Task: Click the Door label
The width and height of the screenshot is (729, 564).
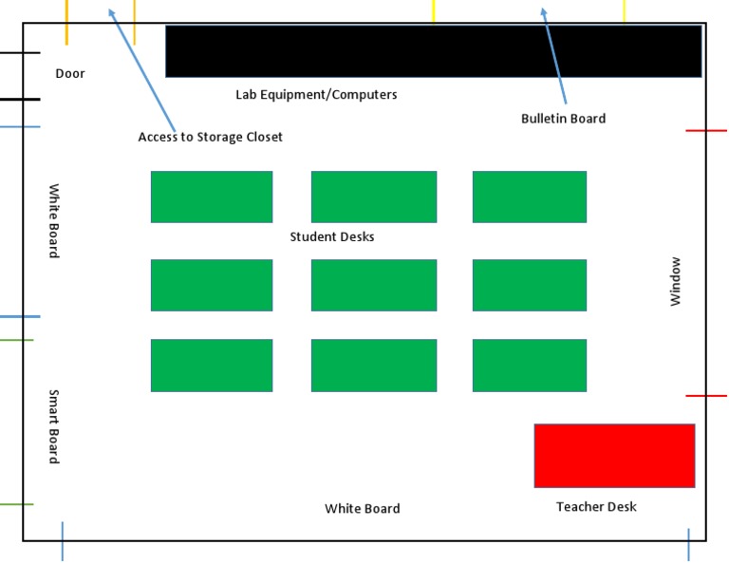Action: point(70,73)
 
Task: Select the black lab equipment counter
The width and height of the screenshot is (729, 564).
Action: point(433,51)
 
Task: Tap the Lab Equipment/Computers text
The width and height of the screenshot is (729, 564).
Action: point(316,95)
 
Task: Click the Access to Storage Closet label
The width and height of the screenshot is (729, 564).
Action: point(210,137)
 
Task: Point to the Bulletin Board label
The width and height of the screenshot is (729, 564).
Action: point(563,119)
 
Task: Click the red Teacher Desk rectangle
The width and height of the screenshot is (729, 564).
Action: point(614,456)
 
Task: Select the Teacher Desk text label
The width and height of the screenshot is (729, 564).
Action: point(596,507)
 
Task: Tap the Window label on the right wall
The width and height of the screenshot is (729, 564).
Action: point(676,281)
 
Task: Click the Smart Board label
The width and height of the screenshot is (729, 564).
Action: point(54,426)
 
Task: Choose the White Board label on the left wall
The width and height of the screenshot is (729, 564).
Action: point(54,220)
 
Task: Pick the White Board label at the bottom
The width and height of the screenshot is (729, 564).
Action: point(362,509)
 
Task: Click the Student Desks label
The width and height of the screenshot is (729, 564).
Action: point(332,236)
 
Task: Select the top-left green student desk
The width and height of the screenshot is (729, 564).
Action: point(212,197)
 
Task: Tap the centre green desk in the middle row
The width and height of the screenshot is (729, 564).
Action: point(374,285)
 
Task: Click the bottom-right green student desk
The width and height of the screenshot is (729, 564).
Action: point(530,366)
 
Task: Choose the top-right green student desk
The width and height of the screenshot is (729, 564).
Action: point(530,197)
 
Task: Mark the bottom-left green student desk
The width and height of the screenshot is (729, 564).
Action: point(212,366)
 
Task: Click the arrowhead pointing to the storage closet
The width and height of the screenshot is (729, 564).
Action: point(111,12)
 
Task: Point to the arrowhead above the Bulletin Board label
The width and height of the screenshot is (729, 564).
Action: point(544,12)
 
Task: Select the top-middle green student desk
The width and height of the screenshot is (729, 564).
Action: point(374,197)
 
